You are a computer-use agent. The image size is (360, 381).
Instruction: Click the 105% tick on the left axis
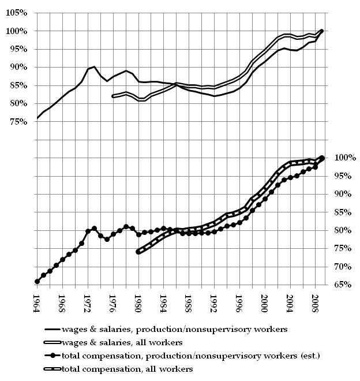[x=17, y=13]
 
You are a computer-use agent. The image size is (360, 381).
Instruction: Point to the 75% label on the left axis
[x=18, y=122]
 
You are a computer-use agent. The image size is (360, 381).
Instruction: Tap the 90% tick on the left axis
[x=18, y=68]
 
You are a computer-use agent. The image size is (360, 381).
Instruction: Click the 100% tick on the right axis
[x=345, y=158]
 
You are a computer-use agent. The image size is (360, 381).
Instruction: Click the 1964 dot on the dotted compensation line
[x=37, y=281]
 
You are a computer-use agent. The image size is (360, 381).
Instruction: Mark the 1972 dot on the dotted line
[x=88, y=231]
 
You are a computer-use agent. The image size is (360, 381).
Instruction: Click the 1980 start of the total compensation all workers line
[x=138, y=252]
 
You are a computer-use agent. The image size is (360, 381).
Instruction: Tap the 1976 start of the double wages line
[x=113, y=96]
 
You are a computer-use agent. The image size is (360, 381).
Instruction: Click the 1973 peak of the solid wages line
[x=94, y=66]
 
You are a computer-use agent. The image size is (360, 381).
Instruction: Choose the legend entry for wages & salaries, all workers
[x=114, y=342]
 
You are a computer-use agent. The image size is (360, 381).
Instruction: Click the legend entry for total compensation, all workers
[x=118, y=369]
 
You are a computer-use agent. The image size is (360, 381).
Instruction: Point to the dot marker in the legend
[x=52, y=356]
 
